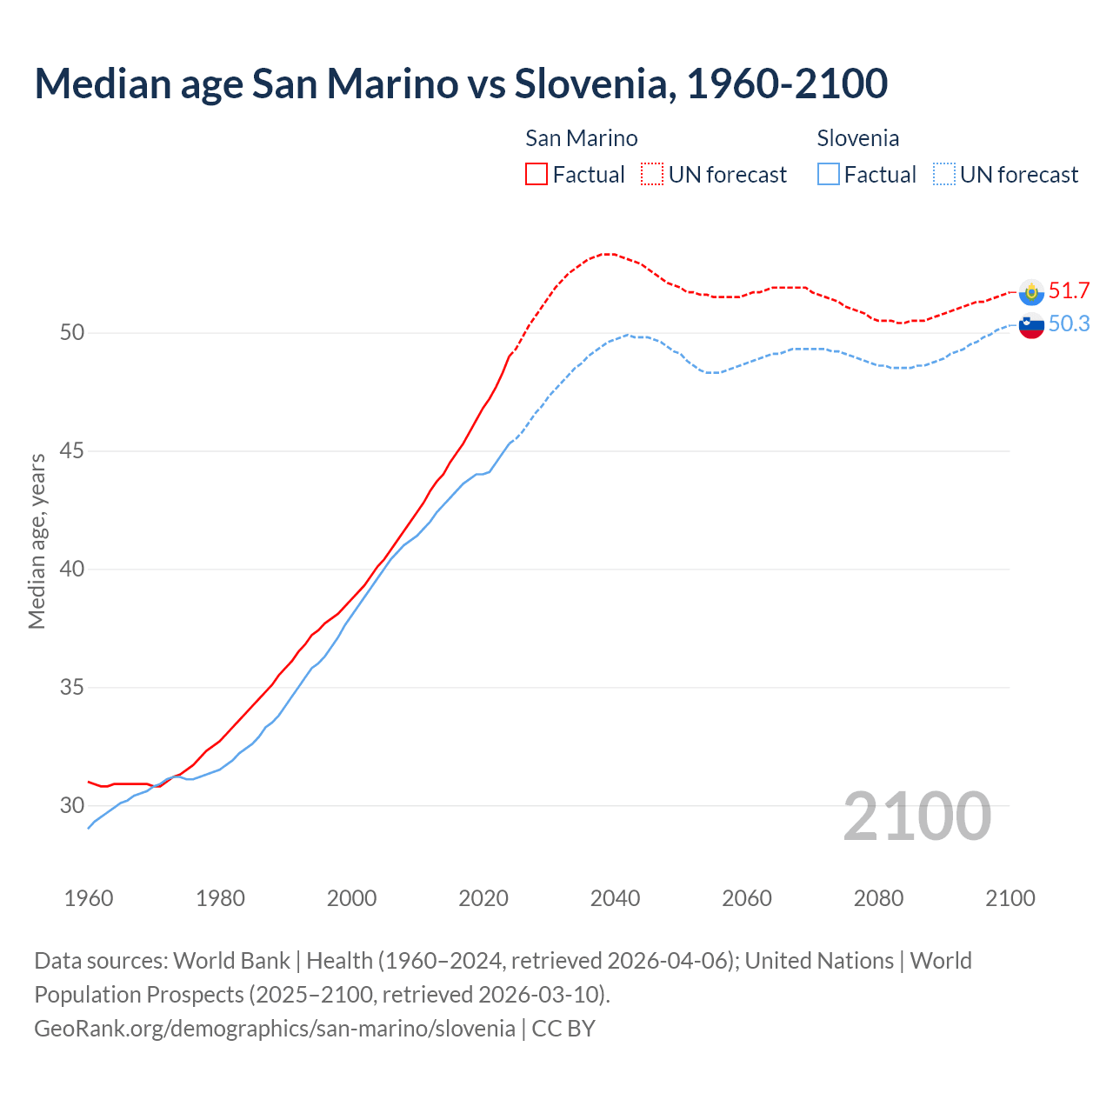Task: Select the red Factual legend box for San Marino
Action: click(537, 174)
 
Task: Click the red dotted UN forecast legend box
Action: click(652, 174)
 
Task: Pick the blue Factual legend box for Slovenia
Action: click(829, 174)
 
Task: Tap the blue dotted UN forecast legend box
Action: click(943, 174)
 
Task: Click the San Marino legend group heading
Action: click(581, 138)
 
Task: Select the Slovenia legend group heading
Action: click(857, 138)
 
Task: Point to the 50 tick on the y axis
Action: click(72, 333)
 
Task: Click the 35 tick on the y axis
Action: click(72, 688)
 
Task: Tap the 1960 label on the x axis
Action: click(89, 898)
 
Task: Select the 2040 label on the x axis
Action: click(615, 898)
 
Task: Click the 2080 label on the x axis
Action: click(878, 898)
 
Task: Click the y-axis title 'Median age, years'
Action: click(37, 541)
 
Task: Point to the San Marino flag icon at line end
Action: click(1031, 292)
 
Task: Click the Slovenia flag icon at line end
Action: click(1031, 326)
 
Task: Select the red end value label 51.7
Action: click(1069, 290)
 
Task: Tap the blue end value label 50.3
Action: click(1069, 323)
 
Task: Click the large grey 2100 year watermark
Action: click(916, 816)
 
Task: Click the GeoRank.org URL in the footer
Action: click(275, 1028)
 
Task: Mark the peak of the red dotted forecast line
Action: click(609, 254)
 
